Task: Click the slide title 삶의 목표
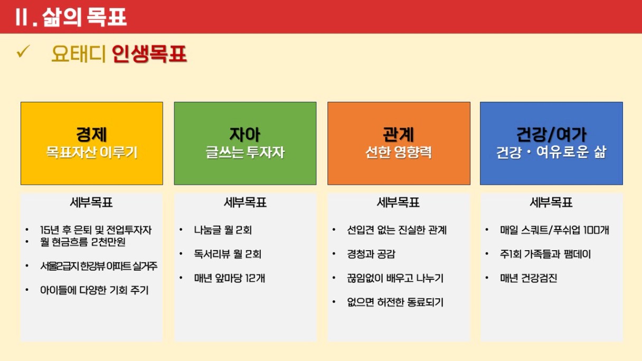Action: [x=84, y=17]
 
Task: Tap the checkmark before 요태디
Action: [x=23, y=52]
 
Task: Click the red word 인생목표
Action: [x=149, y=54]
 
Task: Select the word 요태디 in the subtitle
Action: [x=78, y=54]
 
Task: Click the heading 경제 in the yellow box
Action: [x=91, y=134]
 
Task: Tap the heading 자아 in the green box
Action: [x=245, y=134]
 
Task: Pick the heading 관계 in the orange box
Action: [x=399, y=134]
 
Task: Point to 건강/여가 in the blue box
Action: [x=551, y=134]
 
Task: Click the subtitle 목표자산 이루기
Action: [x=92, y=152]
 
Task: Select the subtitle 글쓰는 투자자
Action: [x=245, y=152]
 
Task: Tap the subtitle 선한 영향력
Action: [x=399, y=152]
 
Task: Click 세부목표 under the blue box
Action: [x=551, y=203]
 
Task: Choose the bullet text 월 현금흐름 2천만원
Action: [x=83, y=242]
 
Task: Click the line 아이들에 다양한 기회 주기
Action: [x=95, y=290]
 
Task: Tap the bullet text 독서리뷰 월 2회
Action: [x=228, y=254]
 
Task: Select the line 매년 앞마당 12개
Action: [x=229, y=278]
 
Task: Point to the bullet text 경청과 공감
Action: [x=371, y=254]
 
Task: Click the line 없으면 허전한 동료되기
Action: [x=395, y=302]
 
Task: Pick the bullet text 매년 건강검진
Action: [x=528, y=278]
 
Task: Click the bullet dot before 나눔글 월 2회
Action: [x=181, y=230]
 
